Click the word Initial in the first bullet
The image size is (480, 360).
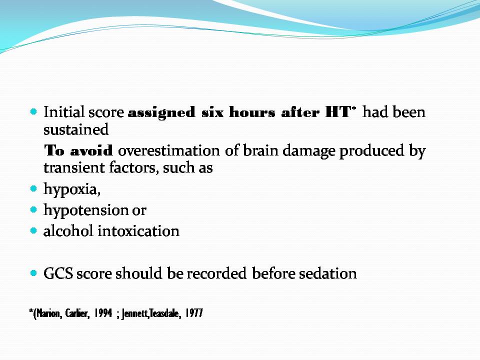[63, 111]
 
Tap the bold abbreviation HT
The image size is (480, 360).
[337, 112]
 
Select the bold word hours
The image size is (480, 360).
[252, 112]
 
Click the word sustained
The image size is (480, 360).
[76, 129]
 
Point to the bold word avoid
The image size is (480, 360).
[91, 150]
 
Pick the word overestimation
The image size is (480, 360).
[168, 150]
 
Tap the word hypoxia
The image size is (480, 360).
[72, 189]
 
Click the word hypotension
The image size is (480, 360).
[86, 210]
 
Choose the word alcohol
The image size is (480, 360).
[68, 231]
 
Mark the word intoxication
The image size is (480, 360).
[138, 231]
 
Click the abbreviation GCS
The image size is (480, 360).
[58, 273]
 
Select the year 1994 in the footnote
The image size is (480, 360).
[103, 313]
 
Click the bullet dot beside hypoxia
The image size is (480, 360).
[33, 189]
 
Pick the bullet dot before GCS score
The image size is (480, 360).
[33, 273]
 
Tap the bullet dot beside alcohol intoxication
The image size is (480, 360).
[33, 230]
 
